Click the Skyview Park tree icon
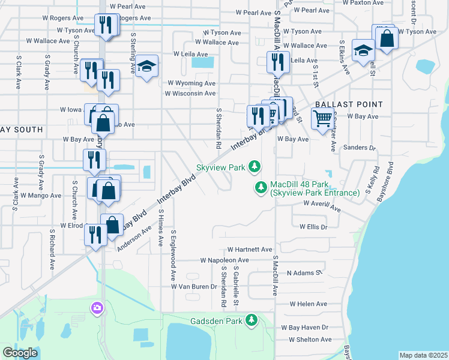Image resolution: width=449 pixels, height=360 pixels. pos(255,166)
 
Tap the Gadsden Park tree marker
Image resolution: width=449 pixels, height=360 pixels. pos(253,321)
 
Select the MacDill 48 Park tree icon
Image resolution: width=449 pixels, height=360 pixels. pos(261,188)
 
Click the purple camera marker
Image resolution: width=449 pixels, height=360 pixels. pos(97,308)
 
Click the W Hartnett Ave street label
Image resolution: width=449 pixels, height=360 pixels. pos(250,250)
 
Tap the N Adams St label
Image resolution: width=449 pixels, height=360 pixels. pos(304,273)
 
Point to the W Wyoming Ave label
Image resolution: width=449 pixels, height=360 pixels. pos(191,83)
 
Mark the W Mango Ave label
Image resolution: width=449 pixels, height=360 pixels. pos(41,196)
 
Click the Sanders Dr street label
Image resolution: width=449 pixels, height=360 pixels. pos(360,148)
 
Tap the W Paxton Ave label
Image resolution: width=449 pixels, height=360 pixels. pos(363,2)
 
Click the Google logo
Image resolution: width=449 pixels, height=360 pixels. pos(20,353)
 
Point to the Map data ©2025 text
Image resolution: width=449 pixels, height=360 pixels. pos(423,355)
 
